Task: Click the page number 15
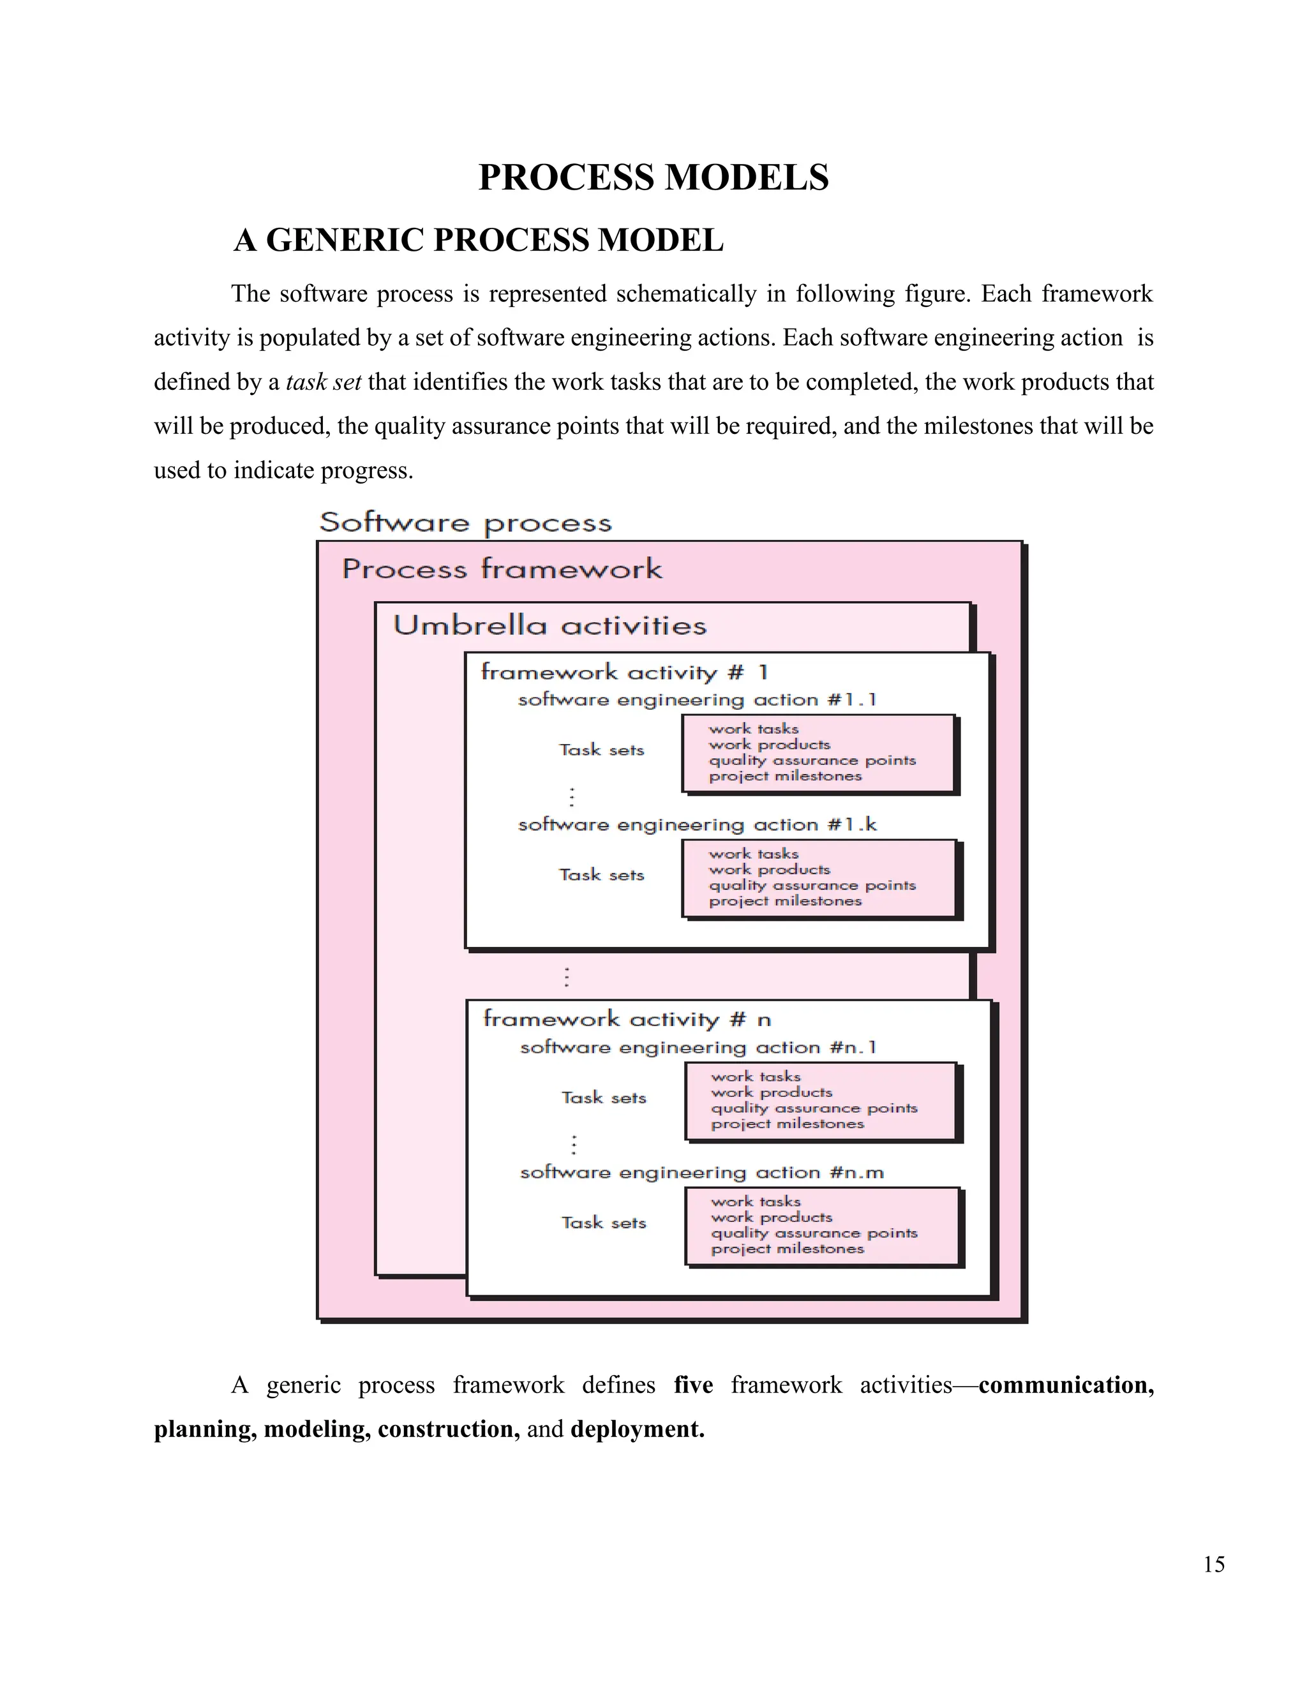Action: (1213, 1564)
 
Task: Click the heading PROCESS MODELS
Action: (653, 177)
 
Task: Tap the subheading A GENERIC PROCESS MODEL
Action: (479, 240)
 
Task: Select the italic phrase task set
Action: (323, 382)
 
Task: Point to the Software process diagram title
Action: (465, 523)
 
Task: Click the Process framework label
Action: (502, 569)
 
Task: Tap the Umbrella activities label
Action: (549, 625)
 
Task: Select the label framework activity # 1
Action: (624, 672)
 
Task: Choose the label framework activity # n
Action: (627, 1019)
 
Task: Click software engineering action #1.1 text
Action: (697, 700)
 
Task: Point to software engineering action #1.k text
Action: (697, 824)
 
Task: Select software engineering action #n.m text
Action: (701, 1172)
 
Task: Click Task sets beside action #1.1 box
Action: (602, 750)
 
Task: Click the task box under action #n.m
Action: (821, 1226)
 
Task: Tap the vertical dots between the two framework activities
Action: (567, 976)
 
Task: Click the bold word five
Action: (693, 1385)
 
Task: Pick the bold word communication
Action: (1065, 1385)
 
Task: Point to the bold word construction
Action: (448, 1429)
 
